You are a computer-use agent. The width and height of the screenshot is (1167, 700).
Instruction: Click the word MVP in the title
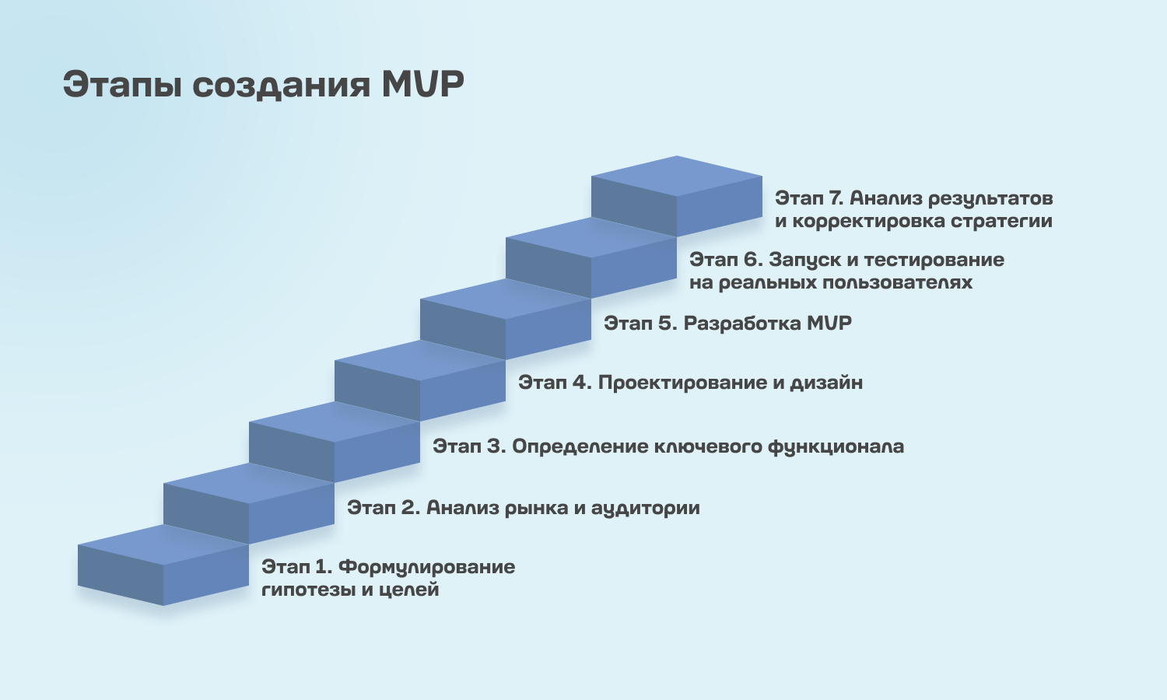(422, 84)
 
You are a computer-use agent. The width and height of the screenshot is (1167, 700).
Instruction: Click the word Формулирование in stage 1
(426, 567)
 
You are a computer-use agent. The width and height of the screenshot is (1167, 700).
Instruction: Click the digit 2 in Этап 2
(409, 507)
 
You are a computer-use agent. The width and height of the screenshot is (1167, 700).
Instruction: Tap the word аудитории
(645, 509)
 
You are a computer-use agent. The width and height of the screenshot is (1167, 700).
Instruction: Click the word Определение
(580, 447)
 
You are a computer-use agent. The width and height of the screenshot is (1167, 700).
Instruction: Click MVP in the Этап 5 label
(829, 324)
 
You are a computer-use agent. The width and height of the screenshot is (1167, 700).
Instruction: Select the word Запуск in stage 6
(804, 261)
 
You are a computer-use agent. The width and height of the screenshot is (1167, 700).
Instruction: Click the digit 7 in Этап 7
(836, 198)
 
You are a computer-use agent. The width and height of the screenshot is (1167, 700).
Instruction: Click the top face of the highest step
(677, 176)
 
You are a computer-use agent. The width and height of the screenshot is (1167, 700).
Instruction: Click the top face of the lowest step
(163, 544)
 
